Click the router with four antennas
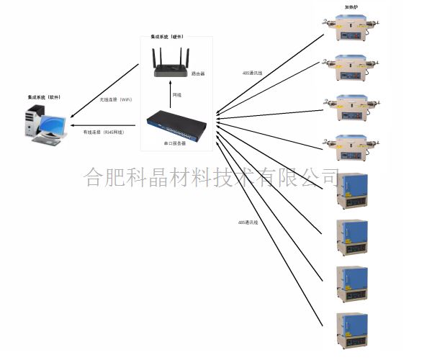170,62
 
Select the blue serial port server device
176,125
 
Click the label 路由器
199,73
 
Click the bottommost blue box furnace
352,330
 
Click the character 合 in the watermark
94,176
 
